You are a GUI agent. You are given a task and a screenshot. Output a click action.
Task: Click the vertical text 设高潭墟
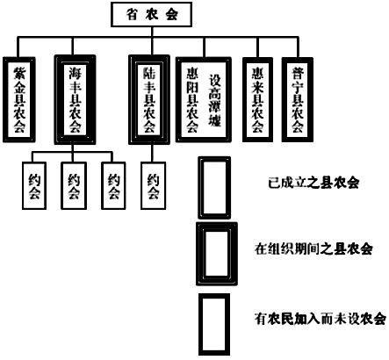click(214, 100)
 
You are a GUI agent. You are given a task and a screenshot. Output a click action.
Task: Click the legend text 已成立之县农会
click(313, 183)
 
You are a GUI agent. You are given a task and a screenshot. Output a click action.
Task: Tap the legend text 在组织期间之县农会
click(313, 249)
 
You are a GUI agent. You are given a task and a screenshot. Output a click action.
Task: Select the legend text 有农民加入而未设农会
click(321, 319)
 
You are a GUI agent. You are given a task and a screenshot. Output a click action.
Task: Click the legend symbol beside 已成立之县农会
click(200, 188)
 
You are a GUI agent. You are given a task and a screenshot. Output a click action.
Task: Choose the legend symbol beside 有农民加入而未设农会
click(200, 325)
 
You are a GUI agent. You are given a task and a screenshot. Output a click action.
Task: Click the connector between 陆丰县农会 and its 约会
click(152, 153)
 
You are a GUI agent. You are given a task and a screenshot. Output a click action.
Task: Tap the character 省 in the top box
click(132, 14)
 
